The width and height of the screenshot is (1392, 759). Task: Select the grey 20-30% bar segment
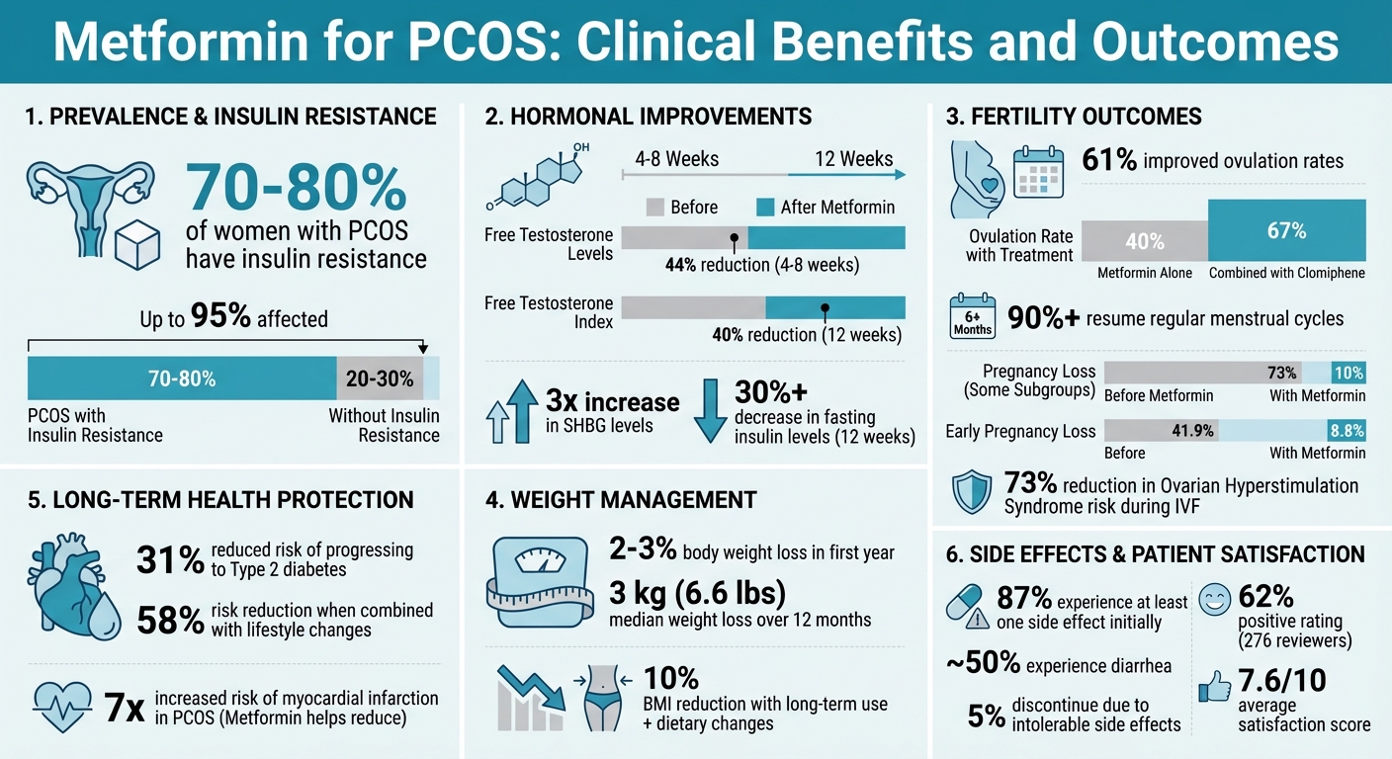[x=380, y=379]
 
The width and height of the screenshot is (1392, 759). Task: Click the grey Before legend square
[x=654, y=208]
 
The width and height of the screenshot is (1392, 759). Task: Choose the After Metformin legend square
[x=765, y=208]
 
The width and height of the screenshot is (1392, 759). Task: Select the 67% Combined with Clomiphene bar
[x=1286, y=230]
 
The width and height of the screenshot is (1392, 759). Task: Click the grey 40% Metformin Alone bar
[x=1145, y=241]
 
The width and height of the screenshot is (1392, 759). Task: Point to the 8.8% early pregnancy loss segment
[x=1347, y=431]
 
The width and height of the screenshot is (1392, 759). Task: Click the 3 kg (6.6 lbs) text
[x=698, y=593]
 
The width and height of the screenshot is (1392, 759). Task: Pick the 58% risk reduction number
[x=169, y=620]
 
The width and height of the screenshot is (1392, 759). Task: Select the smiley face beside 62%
[x=1214, y=599]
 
